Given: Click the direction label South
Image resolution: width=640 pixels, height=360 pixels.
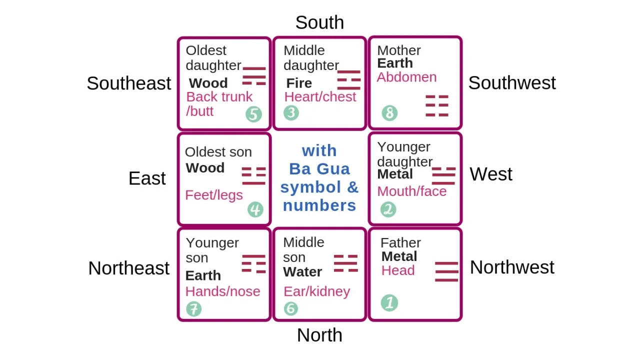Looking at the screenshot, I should point(319,22).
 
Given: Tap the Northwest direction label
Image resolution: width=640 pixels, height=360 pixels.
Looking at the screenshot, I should point(512,267).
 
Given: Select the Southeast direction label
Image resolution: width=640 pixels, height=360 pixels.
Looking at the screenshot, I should point(129,83).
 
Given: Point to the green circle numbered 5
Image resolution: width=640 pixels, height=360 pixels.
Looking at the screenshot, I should point(253,114).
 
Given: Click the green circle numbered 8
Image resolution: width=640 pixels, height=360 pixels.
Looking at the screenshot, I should point(389,113).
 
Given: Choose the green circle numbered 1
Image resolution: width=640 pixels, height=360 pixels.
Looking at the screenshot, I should point(389,302).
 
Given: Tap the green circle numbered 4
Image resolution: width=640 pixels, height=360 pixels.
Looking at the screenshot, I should point(255,209).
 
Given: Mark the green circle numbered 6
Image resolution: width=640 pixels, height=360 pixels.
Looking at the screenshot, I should point(290,308).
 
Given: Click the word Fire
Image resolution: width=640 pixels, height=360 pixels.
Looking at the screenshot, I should point(299,83).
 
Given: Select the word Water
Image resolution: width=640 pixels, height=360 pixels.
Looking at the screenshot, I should point(302,272).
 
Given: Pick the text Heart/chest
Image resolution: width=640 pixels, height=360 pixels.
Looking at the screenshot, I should point(320,96).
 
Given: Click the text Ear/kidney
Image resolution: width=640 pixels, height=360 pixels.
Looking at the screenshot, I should point(316,291).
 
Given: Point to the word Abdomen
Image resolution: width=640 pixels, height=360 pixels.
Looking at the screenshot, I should point(406,77).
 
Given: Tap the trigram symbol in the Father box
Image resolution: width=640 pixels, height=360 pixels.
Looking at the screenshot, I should point(446,271).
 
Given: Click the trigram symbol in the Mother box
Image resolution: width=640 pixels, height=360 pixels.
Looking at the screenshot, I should point(436,105).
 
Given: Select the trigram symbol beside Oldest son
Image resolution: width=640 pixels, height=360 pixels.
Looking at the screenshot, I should point(253,176).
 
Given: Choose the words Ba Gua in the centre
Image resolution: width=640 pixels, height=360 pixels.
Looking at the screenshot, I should point(319,169).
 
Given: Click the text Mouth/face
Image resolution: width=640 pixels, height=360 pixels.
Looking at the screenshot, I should point(411,191).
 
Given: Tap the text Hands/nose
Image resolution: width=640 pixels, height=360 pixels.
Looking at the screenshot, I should point(222,291).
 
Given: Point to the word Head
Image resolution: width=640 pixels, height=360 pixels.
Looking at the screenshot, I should point(398,270).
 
